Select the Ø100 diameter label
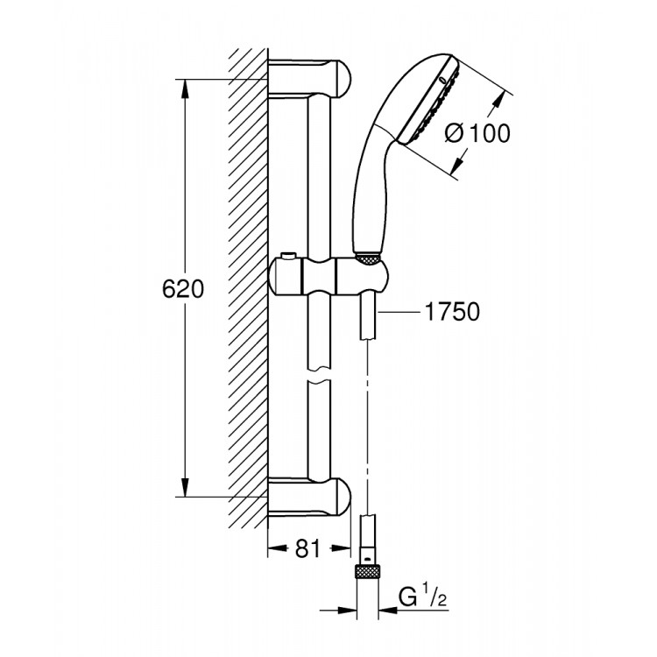(477, 134)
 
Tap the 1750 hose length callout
(451, 313)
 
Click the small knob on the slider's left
(287, 257)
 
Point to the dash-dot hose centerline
(367, 420)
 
